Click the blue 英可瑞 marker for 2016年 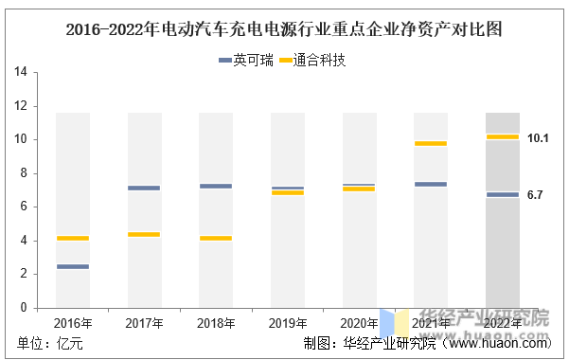(73, 266)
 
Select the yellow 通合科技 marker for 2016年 (73, 239)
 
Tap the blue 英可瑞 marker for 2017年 (144, 189)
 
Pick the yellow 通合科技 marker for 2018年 (216, 239)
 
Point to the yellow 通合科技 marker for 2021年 (431, 143)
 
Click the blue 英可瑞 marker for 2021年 (431, 184)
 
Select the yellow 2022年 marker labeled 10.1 (503, 137)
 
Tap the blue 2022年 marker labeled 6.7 (503, 195)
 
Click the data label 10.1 (538, 138)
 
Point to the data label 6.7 (535, 195)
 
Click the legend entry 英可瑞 (245, 60)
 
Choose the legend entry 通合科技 (312, 60)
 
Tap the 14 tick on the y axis (21, 72)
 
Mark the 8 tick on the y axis (24, 173)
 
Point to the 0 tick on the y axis (24, 308)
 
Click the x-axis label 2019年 (288, 323)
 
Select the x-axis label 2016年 (73, 323)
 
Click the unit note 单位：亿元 (50, 343)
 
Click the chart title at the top (284, 29)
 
